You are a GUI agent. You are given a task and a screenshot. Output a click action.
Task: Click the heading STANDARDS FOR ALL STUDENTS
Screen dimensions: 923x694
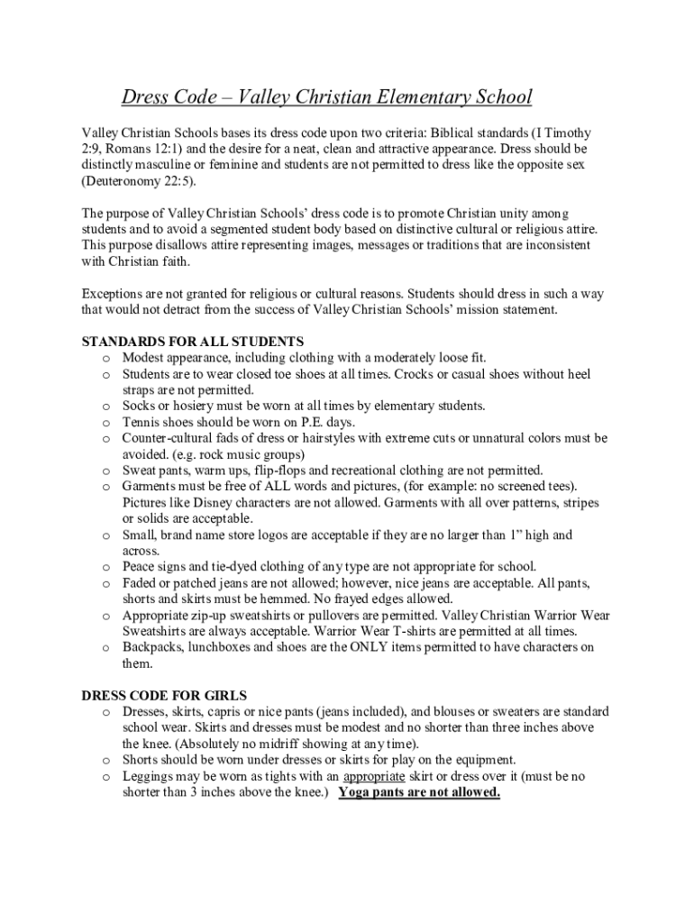click(x=193, y=342)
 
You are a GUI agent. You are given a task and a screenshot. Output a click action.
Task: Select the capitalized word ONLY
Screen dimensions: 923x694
click(x=355, y=648)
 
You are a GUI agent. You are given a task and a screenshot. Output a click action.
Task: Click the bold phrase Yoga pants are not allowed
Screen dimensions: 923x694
click(x=419, y=792)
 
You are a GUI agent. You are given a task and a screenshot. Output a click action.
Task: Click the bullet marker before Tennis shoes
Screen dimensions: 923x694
click(x=105, y=423)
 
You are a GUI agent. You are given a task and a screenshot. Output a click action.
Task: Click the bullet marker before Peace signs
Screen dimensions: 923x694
click(x=105, y=568)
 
